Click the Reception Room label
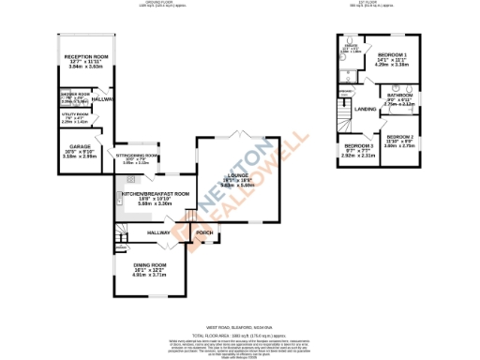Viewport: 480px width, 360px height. (87, 57)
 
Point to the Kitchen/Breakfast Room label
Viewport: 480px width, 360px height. (155, 194)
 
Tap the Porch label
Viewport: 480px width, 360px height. (203, 232)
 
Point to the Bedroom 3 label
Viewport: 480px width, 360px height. (357, 146)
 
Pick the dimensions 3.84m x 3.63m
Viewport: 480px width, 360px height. (87, 67)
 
